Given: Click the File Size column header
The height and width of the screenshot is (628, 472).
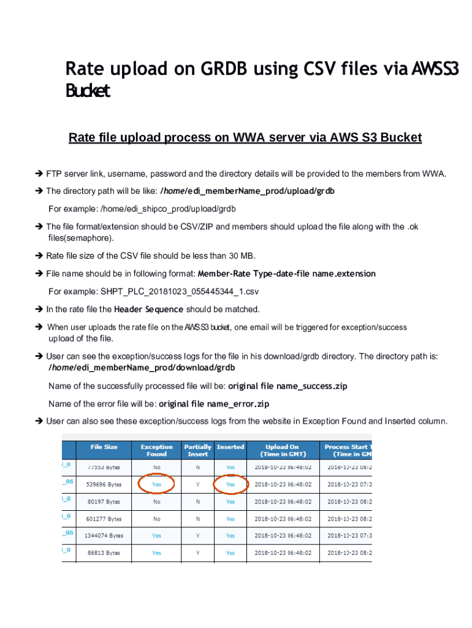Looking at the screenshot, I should (104, 447).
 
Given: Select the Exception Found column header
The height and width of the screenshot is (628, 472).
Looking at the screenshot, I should (156, 451).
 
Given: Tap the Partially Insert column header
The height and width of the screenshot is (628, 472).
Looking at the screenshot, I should (197, 451).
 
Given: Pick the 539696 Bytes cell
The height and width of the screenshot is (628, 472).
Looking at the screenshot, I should (104, 484).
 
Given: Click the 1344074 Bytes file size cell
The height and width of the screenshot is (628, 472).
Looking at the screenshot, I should (104, 535).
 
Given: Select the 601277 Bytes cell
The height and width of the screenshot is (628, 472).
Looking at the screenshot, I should (104, 519).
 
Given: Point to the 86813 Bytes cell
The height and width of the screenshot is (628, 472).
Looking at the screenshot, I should (104, 553).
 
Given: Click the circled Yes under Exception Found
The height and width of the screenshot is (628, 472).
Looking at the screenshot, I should (156, 484).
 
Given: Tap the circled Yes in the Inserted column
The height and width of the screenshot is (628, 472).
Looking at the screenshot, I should (230, 484).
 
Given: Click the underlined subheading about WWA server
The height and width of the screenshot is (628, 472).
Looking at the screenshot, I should (245, 137).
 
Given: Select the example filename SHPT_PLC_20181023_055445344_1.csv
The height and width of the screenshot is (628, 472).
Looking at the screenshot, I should (180, 291).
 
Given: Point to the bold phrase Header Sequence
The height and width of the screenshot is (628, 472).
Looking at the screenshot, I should (148, 309).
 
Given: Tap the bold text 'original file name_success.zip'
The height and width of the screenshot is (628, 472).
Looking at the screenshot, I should (288, 386).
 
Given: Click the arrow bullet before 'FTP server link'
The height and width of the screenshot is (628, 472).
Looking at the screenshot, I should (39, 174).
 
